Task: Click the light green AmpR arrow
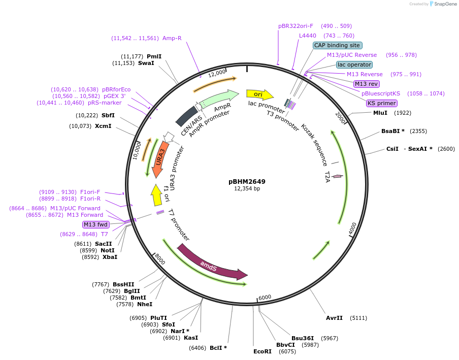coord(219,99)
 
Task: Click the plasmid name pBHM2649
coord(247,181)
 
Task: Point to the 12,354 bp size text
coord(247,188)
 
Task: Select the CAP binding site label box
coord(337,45)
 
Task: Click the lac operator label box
coord(354,64)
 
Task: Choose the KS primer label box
coord(381,103)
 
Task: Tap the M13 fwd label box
coord(96,224)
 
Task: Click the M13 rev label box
coord(366,84)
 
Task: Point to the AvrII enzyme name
coord(334,318)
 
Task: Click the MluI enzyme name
coord(380,113)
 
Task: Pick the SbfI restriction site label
coord(108,115)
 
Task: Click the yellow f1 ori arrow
coord(157,195)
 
